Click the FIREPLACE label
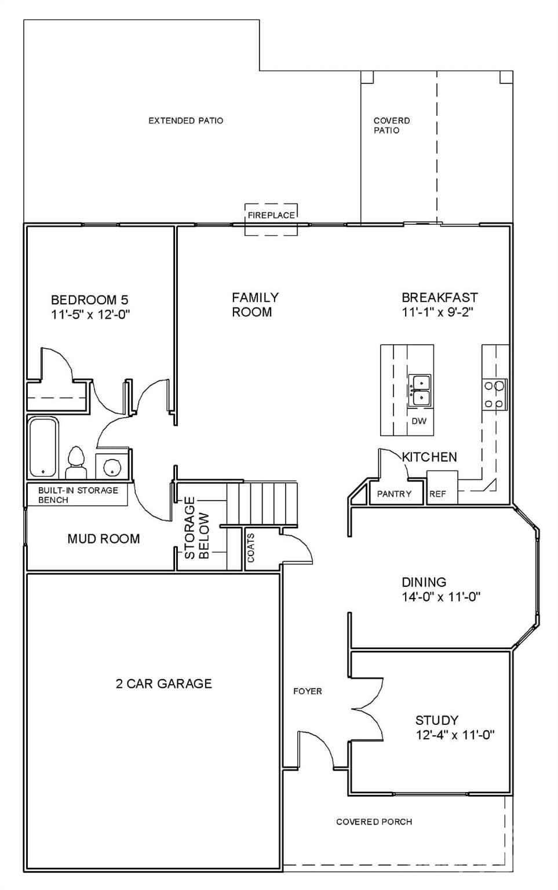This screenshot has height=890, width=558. click(x=271, y=215)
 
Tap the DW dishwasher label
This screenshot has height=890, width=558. click(x=418, y=421)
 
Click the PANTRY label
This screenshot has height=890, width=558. click(x=394, y=494)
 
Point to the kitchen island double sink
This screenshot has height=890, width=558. click(x=420, y=390)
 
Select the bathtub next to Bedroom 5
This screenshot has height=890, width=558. click(x=43, y=447)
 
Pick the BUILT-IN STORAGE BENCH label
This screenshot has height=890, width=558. click(x=78, y=495)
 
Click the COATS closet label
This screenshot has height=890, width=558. click(x=251, y=548)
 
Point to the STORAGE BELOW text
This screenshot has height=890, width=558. click(x=196, y=528)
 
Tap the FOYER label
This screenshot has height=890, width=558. click(x=307, y=691)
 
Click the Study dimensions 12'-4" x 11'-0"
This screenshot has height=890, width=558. click(x=454, y=735)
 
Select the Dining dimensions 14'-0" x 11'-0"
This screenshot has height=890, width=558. click(x=441, y=597)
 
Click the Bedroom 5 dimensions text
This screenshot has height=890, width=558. click(x=90, y=315)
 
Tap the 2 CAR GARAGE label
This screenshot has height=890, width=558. click(x=163, y=684)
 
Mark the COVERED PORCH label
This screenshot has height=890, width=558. click(x=374, y=822)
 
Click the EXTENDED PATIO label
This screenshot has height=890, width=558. click(x=185, y=121)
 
